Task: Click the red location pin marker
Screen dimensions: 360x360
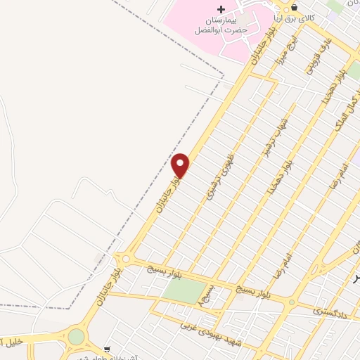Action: pyautogui.click(x=181, y=166)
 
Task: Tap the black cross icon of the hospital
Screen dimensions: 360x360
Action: pyautogui.click(x=221, y=9)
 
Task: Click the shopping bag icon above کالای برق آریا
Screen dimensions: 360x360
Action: pyautogui.click(x=294, y=8)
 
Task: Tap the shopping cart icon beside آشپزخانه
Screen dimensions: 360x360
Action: pyautogui.click(x=107, y=348)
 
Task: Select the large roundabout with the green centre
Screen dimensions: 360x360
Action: pyautogui.click(x=76, y=337)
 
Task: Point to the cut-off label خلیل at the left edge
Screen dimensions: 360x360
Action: pyautogui.click(x=8, y=342)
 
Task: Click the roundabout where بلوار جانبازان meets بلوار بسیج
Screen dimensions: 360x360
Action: pyautogui.click(x=125, y=259)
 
